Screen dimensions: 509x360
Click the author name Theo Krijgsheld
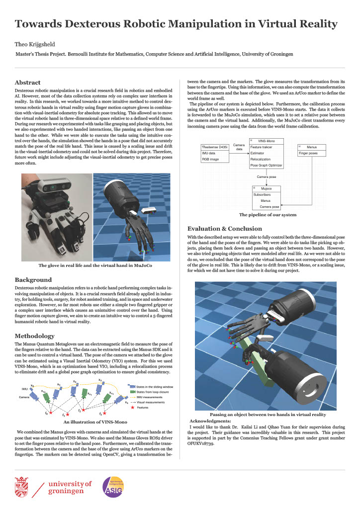pos(38,44)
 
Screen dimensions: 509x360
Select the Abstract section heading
pos(28,83)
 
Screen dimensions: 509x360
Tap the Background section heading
pos(33,280)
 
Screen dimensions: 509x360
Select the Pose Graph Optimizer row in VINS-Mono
pos(266,165)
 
